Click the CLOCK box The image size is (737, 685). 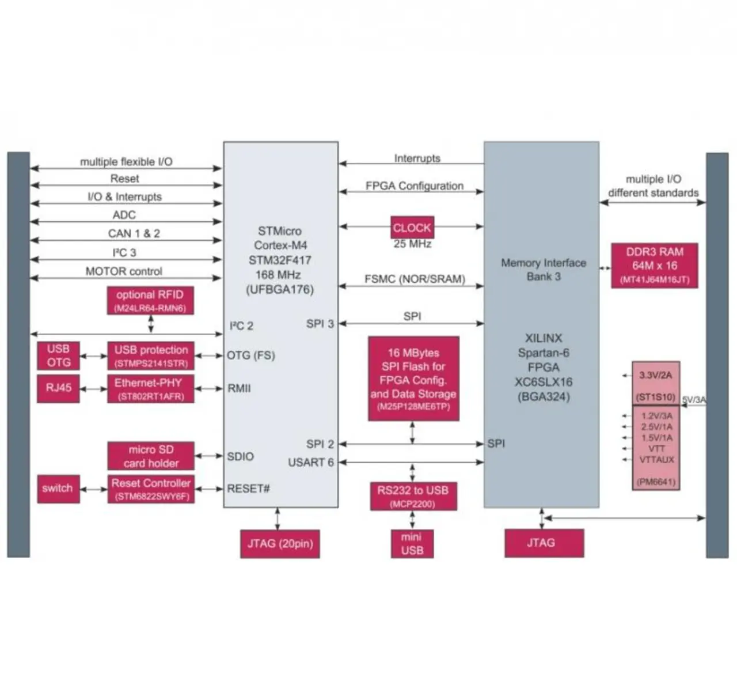(412, 228)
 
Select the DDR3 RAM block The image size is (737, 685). (655, 266)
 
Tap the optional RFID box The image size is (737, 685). (150, 301)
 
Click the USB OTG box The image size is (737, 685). (58, 355)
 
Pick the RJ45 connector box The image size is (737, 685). (58, 388)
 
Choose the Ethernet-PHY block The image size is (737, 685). (150, 388)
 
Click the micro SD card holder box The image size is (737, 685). (151, 456)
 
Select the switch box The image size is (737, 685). (58, 489)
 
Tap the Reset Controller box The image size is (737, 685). (151, 489)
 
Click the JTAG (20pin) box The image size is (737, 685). (280, 544)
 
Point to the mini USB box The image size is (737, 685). (412, 544)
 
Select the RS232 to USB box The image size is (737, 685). (413, 496)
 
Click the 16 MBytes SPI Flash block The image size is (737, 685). (413, 379)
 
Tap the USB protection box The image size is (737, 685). (151, 355)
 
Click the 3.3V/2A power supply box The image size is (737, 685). (656, 383)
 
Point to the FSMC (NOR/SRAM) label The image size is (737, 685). (415, 279)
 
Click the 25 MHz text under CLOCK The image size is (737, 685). (412, 244)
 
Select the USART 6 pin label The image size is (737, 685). (311, 462)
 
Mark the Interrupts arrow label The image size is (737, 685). (417, 158)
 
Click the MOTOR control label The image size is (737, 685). (124, 271)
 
